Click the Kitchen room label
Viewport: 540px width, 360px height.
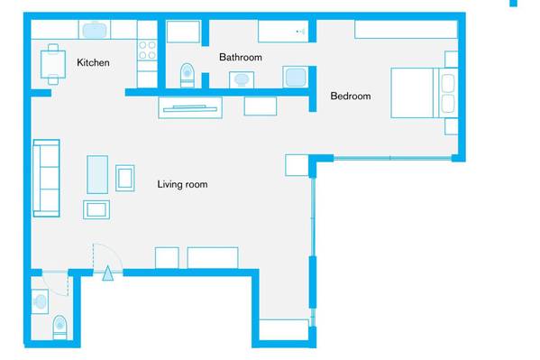[93, 62]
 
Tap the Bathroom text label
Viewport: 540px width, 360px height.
[241, 57]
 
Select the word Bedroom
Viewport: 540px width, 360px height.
[351, 96]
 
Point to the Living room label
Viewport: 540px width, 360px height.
[182, 184]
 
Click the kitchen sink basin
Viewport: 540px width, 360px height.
[95, 30]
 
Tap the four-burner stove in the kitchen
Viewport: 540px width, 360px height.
[147, 50]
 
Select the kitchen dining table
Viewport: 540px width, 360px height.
[53, 64]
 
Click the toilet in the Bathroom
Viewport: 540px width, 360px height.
[188, 75]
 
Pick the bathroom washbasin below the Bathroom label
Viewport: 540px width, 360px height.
[242, 79]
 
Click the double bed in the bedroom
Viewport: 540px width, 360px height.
[425, 93]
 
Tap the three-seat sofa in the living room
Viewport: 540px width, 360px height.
[47, 179]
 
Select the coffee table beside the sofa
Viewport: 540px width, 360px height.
[97, 174]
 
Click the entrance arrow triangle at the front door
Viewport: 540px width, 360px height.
[108, 273]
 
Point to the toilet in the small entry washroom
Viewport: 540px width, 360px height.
[59, 327]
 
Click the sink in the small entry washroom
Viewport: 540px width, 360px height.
[40, 301]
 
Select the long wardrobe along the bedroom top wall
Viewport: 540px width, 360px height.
[406, 29]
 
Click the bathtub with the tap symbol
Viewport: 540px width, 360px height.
[283, 32]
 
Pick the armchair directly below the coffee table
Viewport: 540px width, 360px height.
[96, 209]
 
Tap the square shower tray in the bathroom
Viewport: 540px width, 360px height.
[295, 78]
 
